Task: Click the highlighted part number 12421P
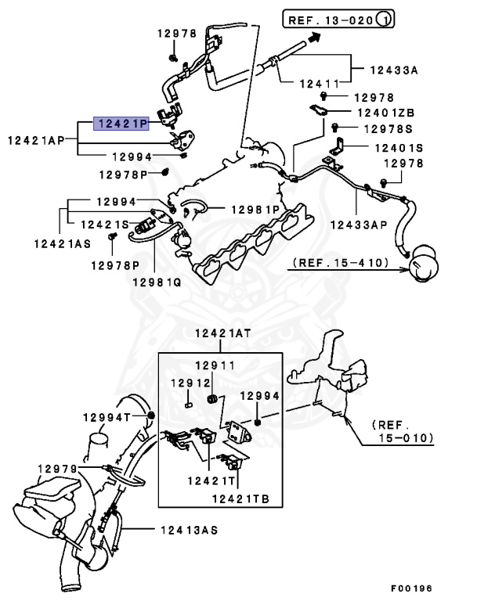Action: click(x=121, y=123)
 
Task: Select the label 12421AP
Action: click(x=37, y=140)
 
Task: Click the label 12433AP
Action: click(x=358, y=225)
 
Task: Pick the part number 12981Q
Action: click(x=156, y=282)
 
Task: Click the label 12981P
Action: click(x=255, y=209)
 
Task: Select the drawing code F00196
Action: click(x=411, y=588)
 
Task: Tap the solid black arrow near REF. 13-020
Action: click(x=314, y=36)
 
